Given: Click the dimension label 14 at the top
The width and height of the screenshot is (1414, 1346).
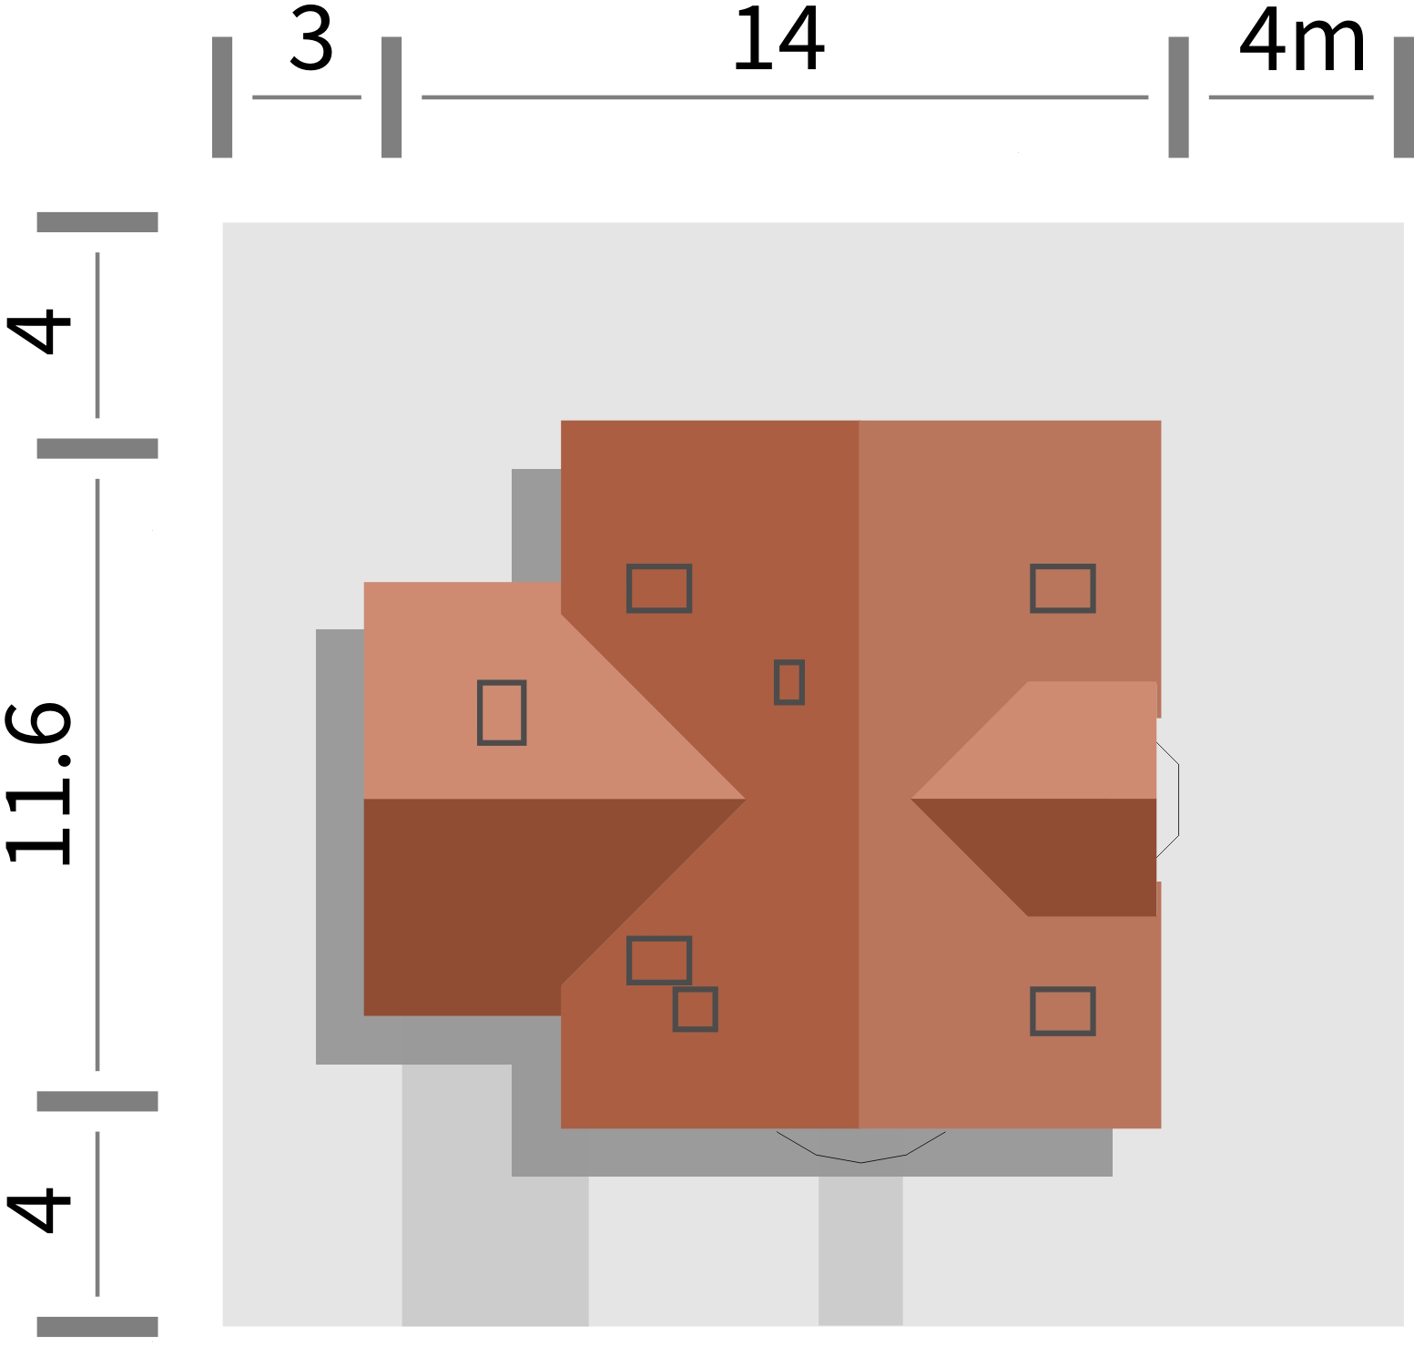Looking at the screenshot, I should pyautogui.click(x=778, y=41).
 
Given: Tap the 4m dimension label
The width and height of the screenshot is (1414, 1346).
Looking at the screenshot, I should pyautogui.click(x=1302, y=43).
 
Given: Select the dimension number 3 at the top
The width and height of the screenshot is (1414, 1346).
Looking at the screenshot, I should pyautogui.click(x=311, y=41).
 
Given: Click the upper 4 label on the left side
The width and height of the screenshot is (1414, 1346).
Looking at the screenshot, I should pyautogui.click(x=39, y=330).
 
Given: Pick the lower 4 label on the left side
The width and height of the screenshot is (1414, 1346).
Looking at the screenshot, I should pyautogui.click(x=39, y=1208).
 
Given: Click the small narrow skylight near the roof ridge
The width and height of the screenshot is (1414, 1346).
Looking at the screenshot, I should pyautogui.click(x=788, y=682).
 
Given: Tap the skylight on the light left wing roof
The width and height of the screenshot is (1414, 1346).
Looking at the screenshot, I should pyautogui.click(x=502, y=712).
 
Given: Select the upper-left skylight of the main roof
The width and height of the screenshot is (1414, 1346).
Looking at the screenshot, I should pyautogui.click(x=659, y=588).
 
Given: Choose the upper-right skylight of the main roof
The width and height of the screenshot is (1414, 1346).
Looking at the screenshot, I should pyautogui.click(x=1063, y=588).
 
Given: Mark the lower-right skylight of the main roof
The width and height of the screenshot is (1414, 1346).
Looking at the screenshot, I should pyautogui.click(x=1063, y=1011).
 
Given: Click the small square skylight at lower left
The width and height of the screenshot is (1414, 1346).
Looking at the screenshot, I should pyautogui.click(x=695, y=1009).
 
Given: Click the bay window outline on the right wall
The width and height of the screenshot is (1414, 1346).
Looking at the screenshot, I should pyautogui.click(x=1169, y=800).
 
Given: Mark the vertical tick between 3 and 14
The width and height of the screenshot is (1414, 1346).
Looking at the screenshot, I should pyautogui.click(x=392, y=97).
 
